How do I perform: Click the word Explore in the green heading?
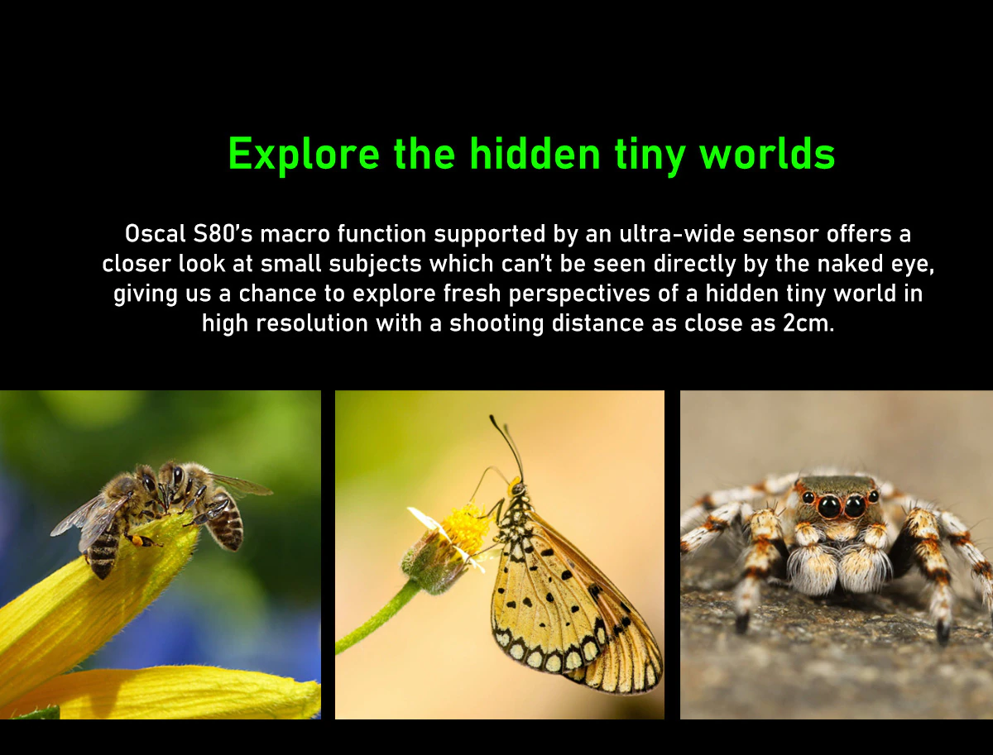304,155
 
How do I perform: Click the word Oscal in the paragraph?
155,234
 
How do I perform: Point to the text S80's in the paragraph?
223,234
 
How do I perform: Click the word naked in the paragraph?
850,264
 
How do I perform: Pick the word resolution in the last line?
312,323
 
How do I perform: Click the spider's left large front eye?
829,506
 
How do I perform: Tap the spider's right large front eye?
855,506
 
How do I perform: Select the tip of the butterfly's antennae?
492,418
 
